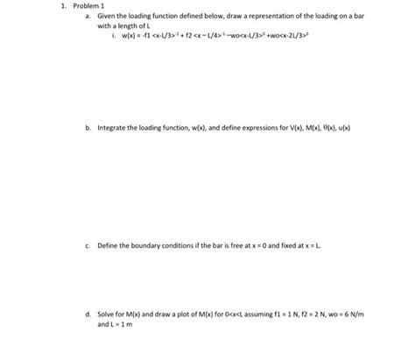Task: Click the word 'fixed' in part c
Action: click(x=285, y=246)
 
